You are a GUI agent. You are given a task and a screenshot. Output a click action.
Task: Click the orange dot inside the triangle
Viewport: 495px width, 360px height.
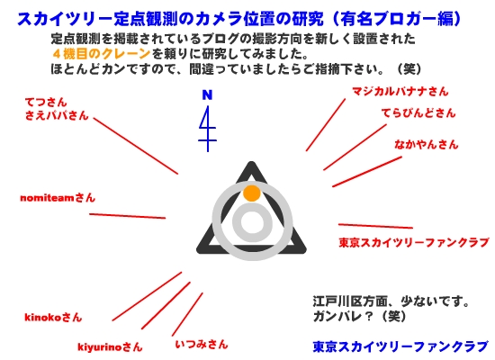coord(252,193)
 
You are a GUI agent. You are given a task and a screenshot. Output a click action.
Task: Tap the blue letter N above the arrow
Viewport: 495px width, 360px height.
coord(207,94)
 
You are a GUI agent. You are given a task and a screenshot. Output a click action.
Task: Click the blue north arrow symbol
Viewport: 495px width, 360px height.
coord(207,129)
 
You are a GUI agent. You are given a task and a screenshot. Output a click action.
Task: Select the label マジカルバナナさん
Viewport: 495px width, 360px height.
coord(400,92)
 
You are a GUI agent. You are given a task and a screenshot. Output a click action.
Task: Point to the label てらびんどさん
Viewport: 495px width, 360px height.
coord(418,113)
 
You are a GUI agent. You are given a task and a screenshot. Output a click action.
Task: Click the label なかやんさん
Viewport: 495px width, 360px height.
coord(427,144)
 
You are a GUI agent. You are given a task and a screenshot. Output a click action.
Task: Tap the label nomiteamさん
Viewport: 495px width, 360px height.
coord(58,198)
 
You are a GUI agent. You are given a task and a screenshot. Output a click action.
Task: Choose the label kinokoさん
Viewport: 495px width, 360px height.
coord(53,317)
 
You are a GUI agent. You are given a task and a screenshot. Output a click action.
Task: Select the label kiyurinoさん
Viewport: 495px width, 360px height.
coord(110,347)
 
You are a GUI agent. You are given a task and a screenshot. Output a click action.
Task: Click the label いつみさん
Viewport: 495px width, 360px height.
coord(202,344)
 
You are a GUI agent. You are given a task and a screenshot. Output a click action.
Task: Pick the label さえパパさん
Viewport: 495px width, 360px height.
coord(57,115)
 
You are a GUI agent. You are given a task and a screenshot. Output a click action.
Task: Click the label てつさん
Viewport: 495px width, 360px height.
coord(46,102)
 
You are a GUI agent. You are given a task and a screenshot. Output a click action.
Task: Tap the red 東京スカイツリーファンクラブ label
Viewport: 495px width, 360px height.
coord(414,242)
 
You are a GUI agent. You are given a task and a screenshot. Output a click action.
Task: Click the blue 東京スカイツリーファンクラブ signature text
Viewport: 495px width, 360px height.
coord(400,346)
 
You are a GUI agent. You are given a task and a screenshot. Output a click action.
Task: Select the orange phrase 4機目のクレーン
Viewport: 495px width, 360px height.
coord(101,54)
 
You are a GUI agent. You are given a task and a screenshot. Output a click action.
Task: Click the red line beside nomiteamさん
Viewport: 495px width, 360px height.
coord(128,216)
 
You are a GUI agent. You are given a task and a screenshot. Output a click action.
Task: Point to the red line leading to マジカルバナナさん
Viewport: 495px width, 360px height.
coord(326,125)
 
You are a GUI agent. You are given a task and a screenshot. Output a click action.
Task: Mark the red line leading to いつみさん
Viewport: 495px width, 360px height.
coord(187,314)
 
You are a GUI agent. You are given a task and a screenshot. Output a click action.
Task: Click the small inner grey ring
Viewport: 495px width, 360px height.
coord(252,221)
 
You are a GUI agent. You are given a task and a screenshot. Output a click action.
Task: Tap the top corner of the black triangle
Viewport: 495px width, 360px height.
coord(252,162)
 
